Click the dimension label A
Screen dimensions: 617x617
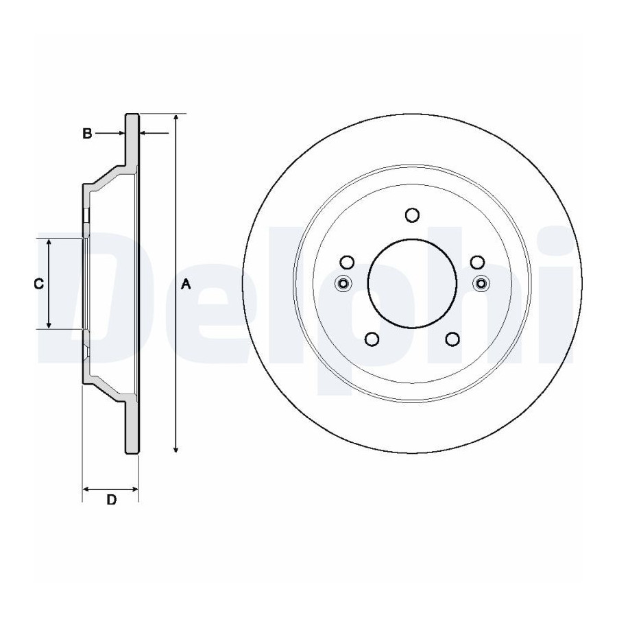(x=186, y=284)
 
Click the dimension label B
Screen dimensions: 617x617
(x=87, y=134)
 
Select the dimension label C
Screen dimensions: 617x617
(x=38, y=284)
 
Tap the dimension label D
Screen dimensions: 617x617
(x=112, y=500)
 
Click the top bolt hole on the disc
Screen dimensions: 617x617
(x=412, y=215)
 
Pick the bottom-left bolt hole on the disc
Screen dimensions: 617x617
(x=372, y=339)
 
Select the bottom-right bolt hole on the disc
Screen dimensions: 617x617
(x=453, y=339)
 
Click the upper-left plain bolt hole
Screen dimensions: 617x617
(x=347, y=262)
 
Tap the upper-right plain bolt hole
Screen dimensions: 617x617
(x=478, y=262)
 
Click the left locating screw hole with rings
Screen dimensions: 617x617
(x=343, y=283)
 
